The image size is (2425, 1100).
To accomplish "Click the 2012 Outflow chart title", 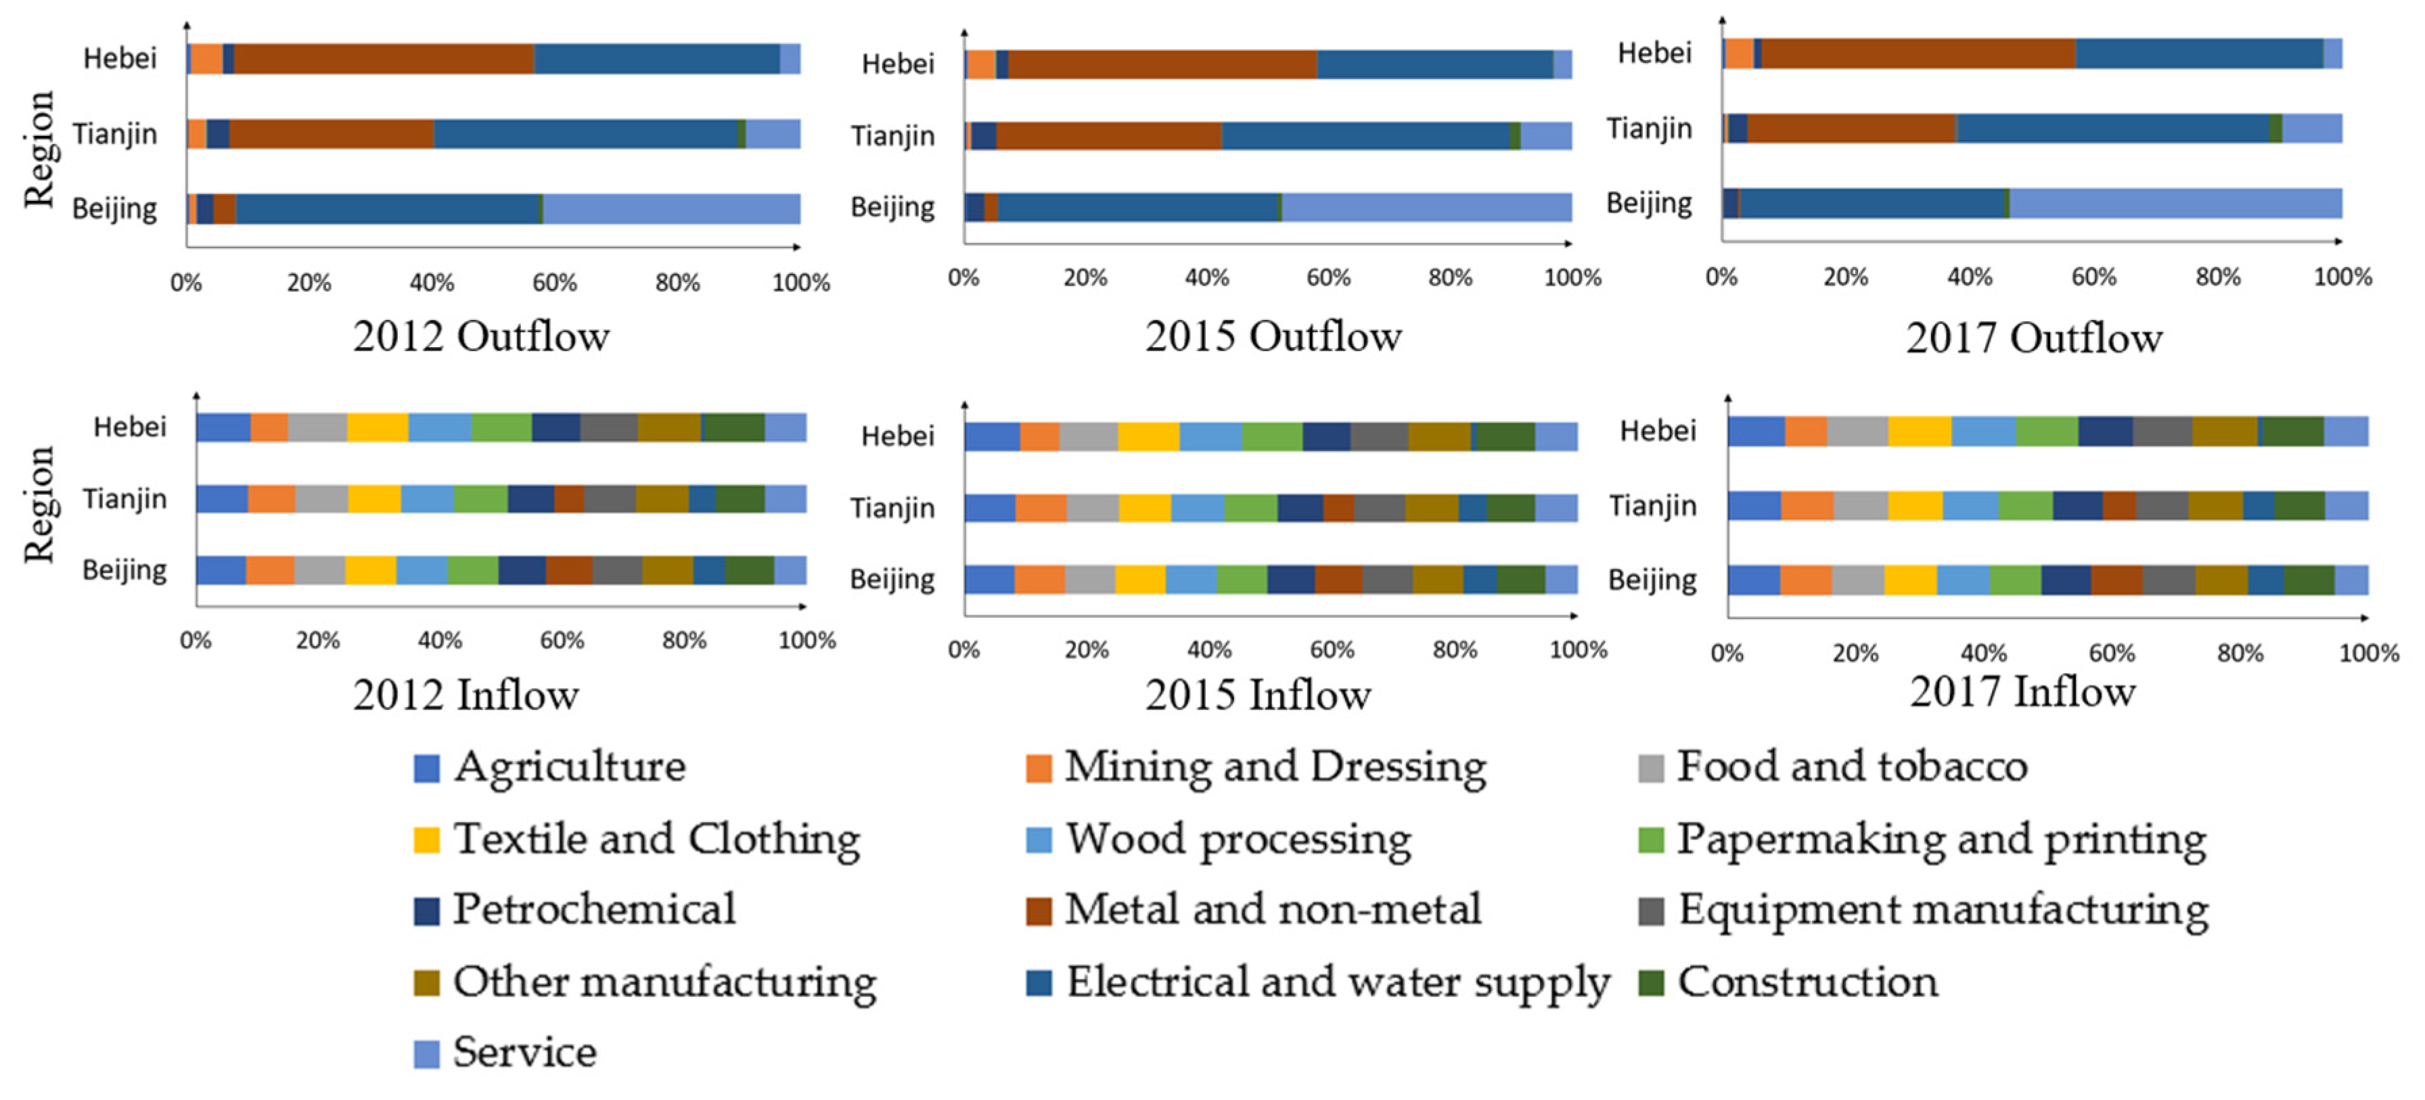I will pyautogui.click(x=481, y=337).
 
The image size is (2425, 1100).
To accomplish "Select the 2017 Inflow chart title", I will pyautogui.click(x=2022, y=693).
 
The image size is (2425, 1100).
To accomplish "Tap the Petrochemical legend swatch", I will pyautogui.click(x=426, y=911).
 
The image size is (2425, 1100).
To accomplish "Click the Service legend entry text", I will pyautogui.click(x=524, y=1053).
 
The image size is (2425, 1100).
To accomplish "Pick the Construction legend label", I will pyautogui.click(x=1807, y=982).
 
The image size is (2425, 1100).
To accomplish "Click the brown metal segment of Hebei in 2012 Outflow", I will pyautogui.click(x=383, y=58).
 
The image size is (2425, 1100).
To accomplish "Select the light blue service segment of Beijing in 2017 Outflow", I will pyautogui.click(x=2175, y=203).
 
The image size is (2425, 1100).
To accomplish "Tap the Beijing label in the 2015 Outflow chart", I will pyautogui.click(x=892, y=207).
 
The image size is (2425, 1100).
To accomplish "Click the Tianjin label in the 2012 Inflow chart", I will pyautogui.click(x=124, y=499).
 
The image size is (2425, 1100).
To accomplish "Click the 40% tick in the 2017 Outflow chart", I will pyautogui.click(x=1970, y=277).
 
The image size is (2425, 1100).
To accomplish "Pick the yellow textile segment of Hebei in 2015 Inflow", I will pyautogui.click(x=1148, y=436).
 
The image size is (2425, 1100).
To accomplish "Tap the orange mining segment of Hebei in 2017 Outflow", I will pyautogui.click(x=1739, y=53).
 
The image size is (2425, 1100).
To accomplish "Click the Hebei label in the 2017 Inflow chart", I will pyautogui.click(x=1657, y=431).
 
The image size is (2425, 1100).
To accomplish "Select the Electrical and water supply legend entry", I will pyautogui.click(x=1337, y=982).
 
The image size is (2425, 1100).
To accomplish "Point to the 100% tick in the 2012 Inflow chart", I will pyautogui.click(x=807, y=641).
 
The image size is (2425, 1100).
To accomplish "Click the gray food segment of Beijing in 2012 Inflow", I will pyautogui.click(x=319, y=570).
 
